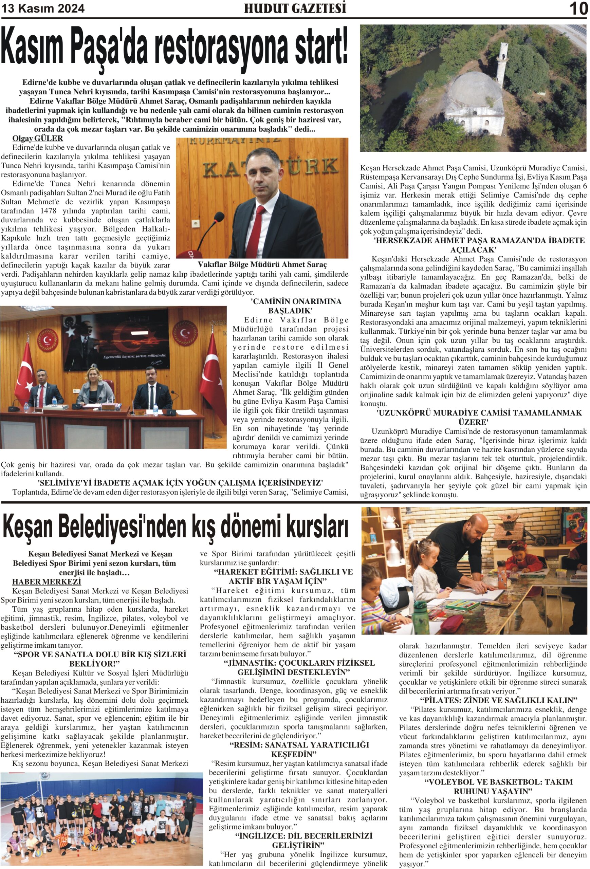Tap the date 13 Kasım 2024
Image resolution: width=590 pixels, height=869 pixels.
(x=43, y=8)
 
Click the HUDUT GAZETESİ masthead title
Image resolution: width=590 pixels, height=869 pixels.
(x=295, y=8)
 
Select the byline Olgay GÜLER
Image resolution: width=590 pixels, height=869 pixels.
(x=38, y=138)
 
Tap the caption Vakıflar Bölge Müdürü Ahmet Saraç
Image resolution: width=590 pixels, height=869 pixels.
(x=262, y=265)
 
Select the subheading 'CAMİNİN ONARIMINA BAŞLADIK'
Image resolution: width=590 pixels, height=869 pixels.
(x=290, y=306)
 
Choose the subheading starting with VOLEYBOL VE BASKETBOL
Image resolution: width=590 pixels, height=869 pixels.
(x=493, y=787)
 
